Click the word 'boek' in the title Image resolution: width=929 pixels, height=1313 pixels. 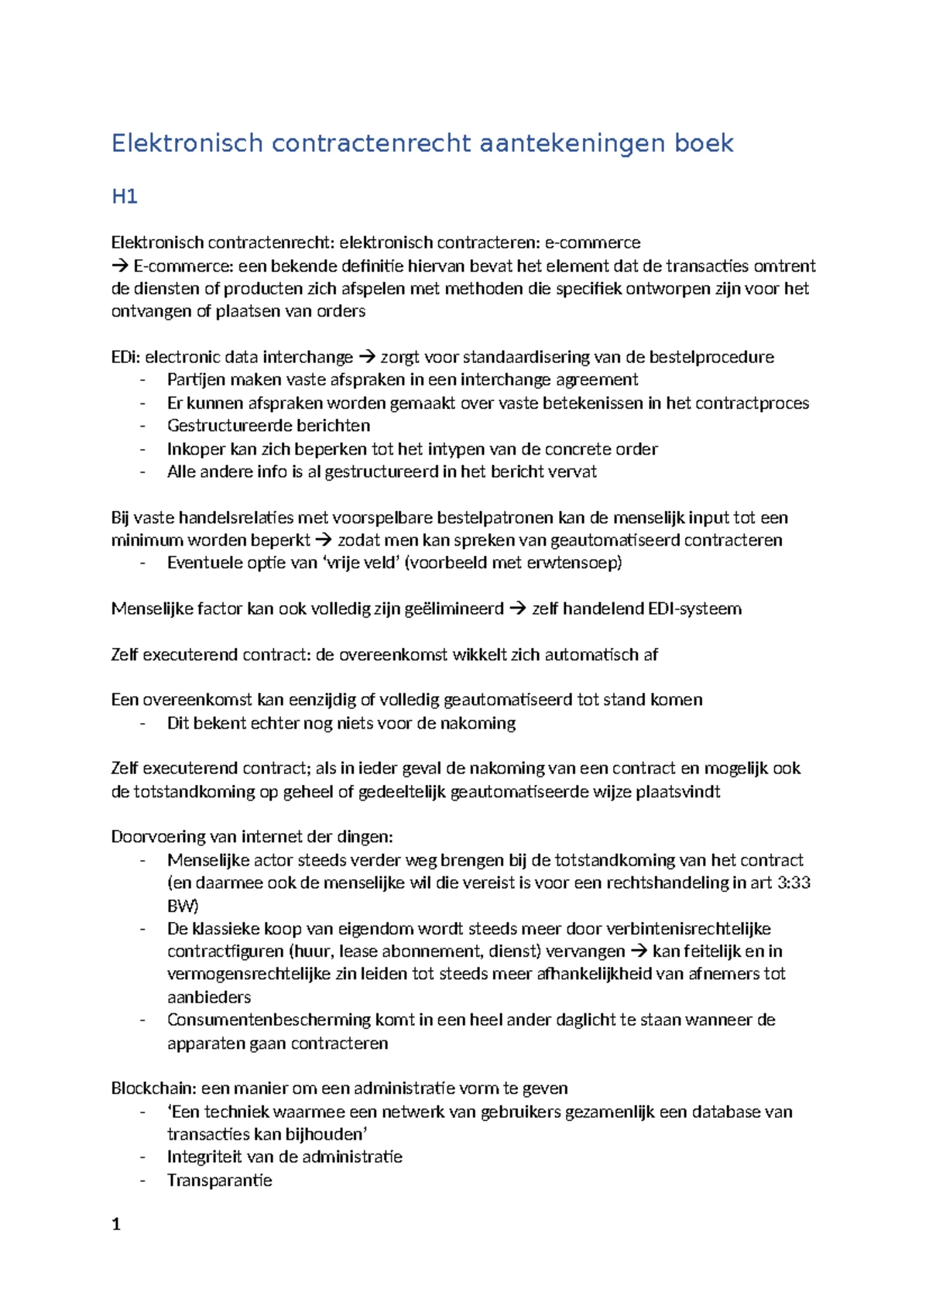pos(703,143)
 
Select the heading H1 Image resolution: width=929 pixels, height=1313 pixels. pos(125,197)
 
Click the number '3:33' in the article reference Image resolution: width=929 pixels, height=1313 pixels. pos(794,883)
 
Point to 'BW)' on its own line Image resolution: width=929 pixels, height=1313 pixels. pos(183,907)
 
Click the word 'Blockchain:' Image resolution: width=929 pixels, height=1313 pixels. pos(153,1088)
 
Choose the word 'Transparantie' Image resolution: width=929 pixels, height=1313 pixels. pos(220,1181)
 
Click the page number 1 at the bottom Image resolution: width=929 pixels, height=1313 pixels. pos(116,1225)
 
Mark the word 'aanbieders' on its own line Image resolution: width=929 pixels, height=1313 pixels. pos(209,997)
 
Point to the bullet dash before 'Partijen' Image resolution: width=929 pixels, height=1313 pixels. pos(142,380)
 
